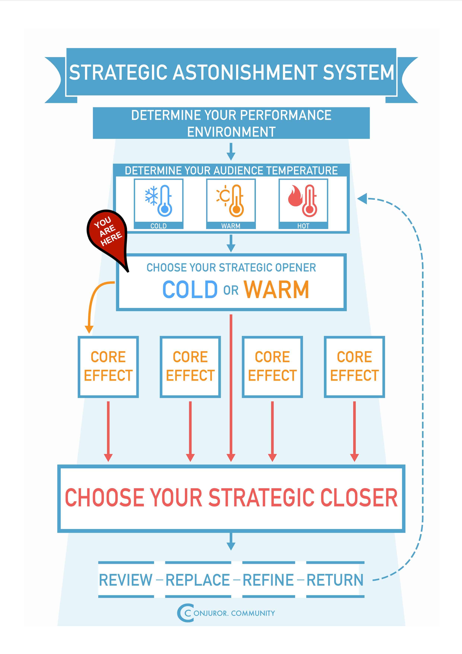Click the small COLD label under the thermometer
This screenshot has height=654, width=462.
(159, 226)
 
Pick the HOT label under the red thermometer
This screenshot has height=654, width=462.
(303, 226)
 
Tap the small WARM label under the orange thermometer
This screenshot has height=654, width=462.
(231, 226)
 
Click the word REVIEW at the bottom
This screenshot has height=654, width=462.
(126, 580)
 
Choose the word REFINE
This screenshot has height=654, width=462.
(268, 580)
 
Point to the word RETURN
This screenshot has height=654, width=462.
(335, 580)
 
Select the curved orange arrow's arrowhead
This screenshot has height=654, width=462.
(89, 330)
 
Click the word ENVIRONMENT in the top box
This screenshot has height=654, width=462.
(231, 132)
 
